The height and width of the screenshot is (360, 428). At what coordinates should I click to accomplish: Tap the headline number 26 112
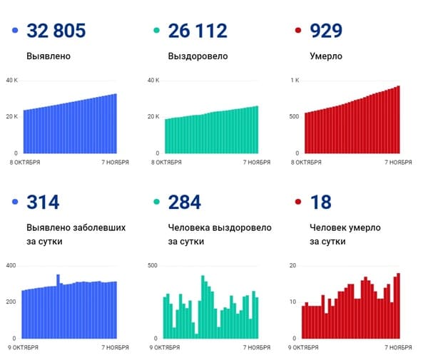198,31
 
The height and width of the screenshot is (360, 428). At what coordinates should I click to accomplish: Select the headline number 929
326,31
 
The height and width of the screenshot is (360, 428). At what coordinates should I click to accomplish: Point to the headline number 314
43,202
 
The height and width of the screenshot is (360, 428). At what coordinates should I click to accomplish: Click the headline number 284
184,202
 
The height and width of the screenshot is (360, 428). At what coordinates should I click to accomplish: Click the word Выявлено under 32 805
49,56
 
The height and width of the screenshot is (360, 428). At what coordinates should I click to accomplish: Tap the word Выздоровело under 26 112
198,56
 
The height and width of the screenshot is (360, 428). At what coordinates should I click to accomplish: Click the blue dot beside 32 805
15,31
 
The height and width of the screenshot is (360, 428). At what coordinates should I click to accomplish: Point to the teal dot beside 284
156,202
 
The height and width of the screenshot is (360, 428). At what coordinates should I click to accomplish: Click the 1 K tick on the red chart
294,80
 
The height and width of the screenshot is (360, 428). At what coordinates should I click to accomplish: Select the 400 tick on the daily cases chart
11,265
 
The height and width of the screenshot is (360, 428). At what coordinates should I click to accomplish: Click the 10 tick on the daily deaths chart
293,302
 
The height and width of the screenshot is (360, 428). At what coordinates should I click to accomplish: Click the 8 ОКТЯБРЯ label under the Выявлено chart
25,163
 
